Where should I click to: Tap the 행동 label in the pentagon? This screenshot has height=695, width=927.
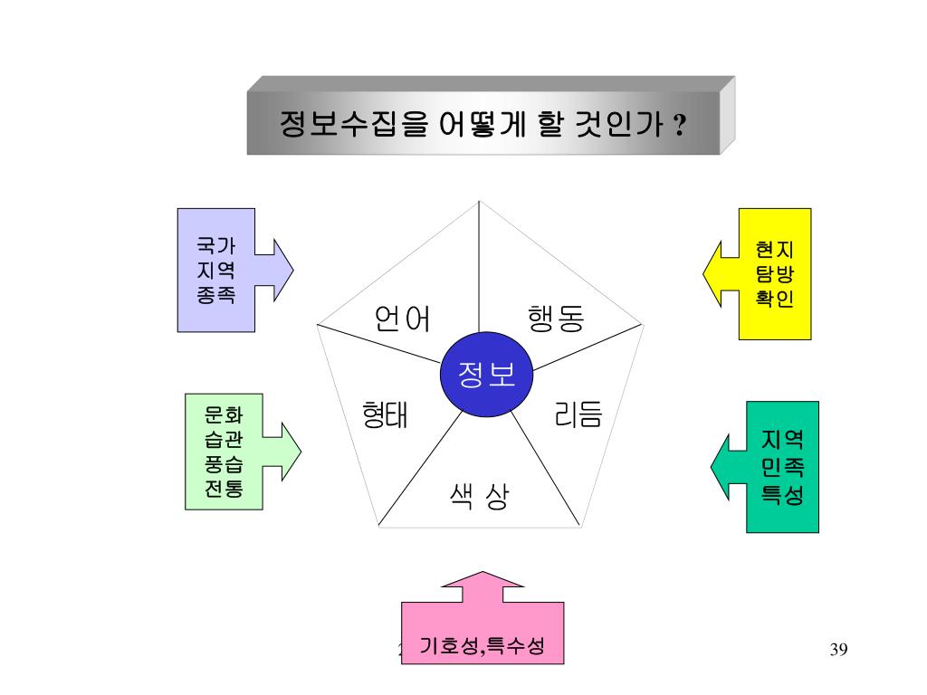click(x=556, y=319)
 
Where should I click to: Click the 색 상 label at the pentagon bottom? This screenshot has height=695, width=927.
click(x=478, y=495)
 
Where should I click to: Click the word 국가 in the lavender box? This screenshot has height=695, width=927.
click(x=215, y=245)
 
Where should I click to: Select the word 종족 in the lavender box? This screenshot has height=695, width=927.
click(x=215, y=294)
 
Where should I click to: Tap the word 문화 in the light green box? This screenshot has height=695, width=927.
click(x=224, y=415)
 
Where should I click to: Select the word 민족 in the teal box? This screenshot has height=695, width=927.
click(x=783, y=468)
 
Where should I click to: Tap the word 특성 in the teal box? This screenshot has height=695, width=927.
click(x=783, y=495)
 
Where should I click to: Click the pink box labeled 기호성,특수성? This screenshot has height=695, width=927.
click(x=483, y=644)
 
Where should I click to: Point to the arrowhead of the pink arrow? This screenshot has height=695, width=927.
click(x=483, y=579)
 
